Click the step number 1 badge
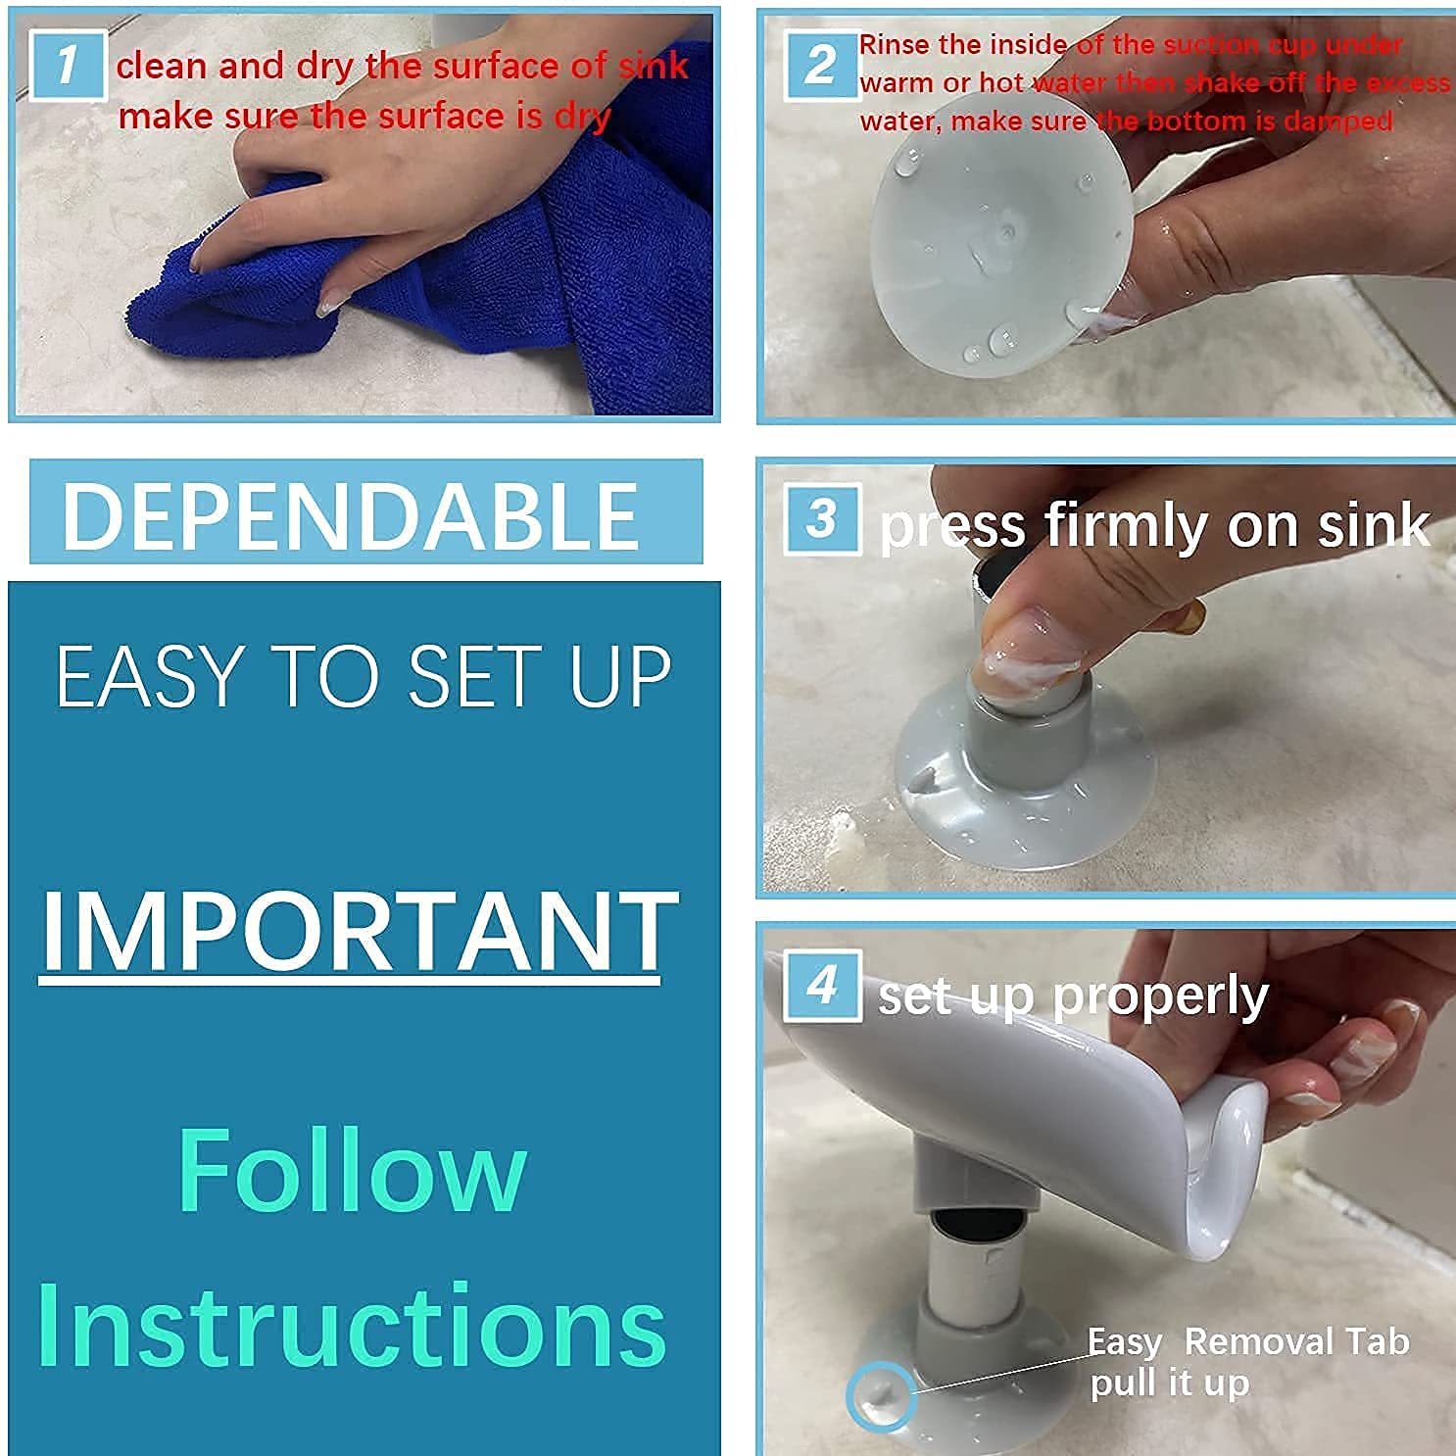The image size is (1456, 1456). click(x=67, y=66)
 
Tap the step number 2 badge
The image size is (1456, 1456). click(x=821, y=66)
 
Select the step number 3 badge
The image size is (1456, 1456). click(x=822, y=519)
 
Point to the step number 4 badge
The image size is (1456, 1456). click(x=822, y=985)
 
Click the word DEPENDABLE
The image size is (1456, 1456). click(x=350, y=514)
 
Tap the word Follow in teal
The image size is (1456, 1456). click(x=352, y=1170)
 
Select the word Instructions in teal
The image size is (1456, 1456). click(x=352, y=1325)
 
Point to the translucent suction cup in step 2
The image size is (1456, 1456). click(x=990, y=255)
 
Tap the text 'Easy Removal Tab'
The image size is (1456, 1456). click(x=1247, y=1341)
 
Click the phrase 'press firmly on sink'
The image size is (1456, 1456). click(x=1153, y=526)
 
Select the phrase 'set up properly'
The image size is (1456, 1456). click(x=1072, y=996)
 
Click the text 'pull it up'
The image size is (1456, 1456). click(x=1169, y=1383)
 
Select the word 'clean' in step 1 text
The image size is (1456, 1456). click(x=162, y=67)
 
